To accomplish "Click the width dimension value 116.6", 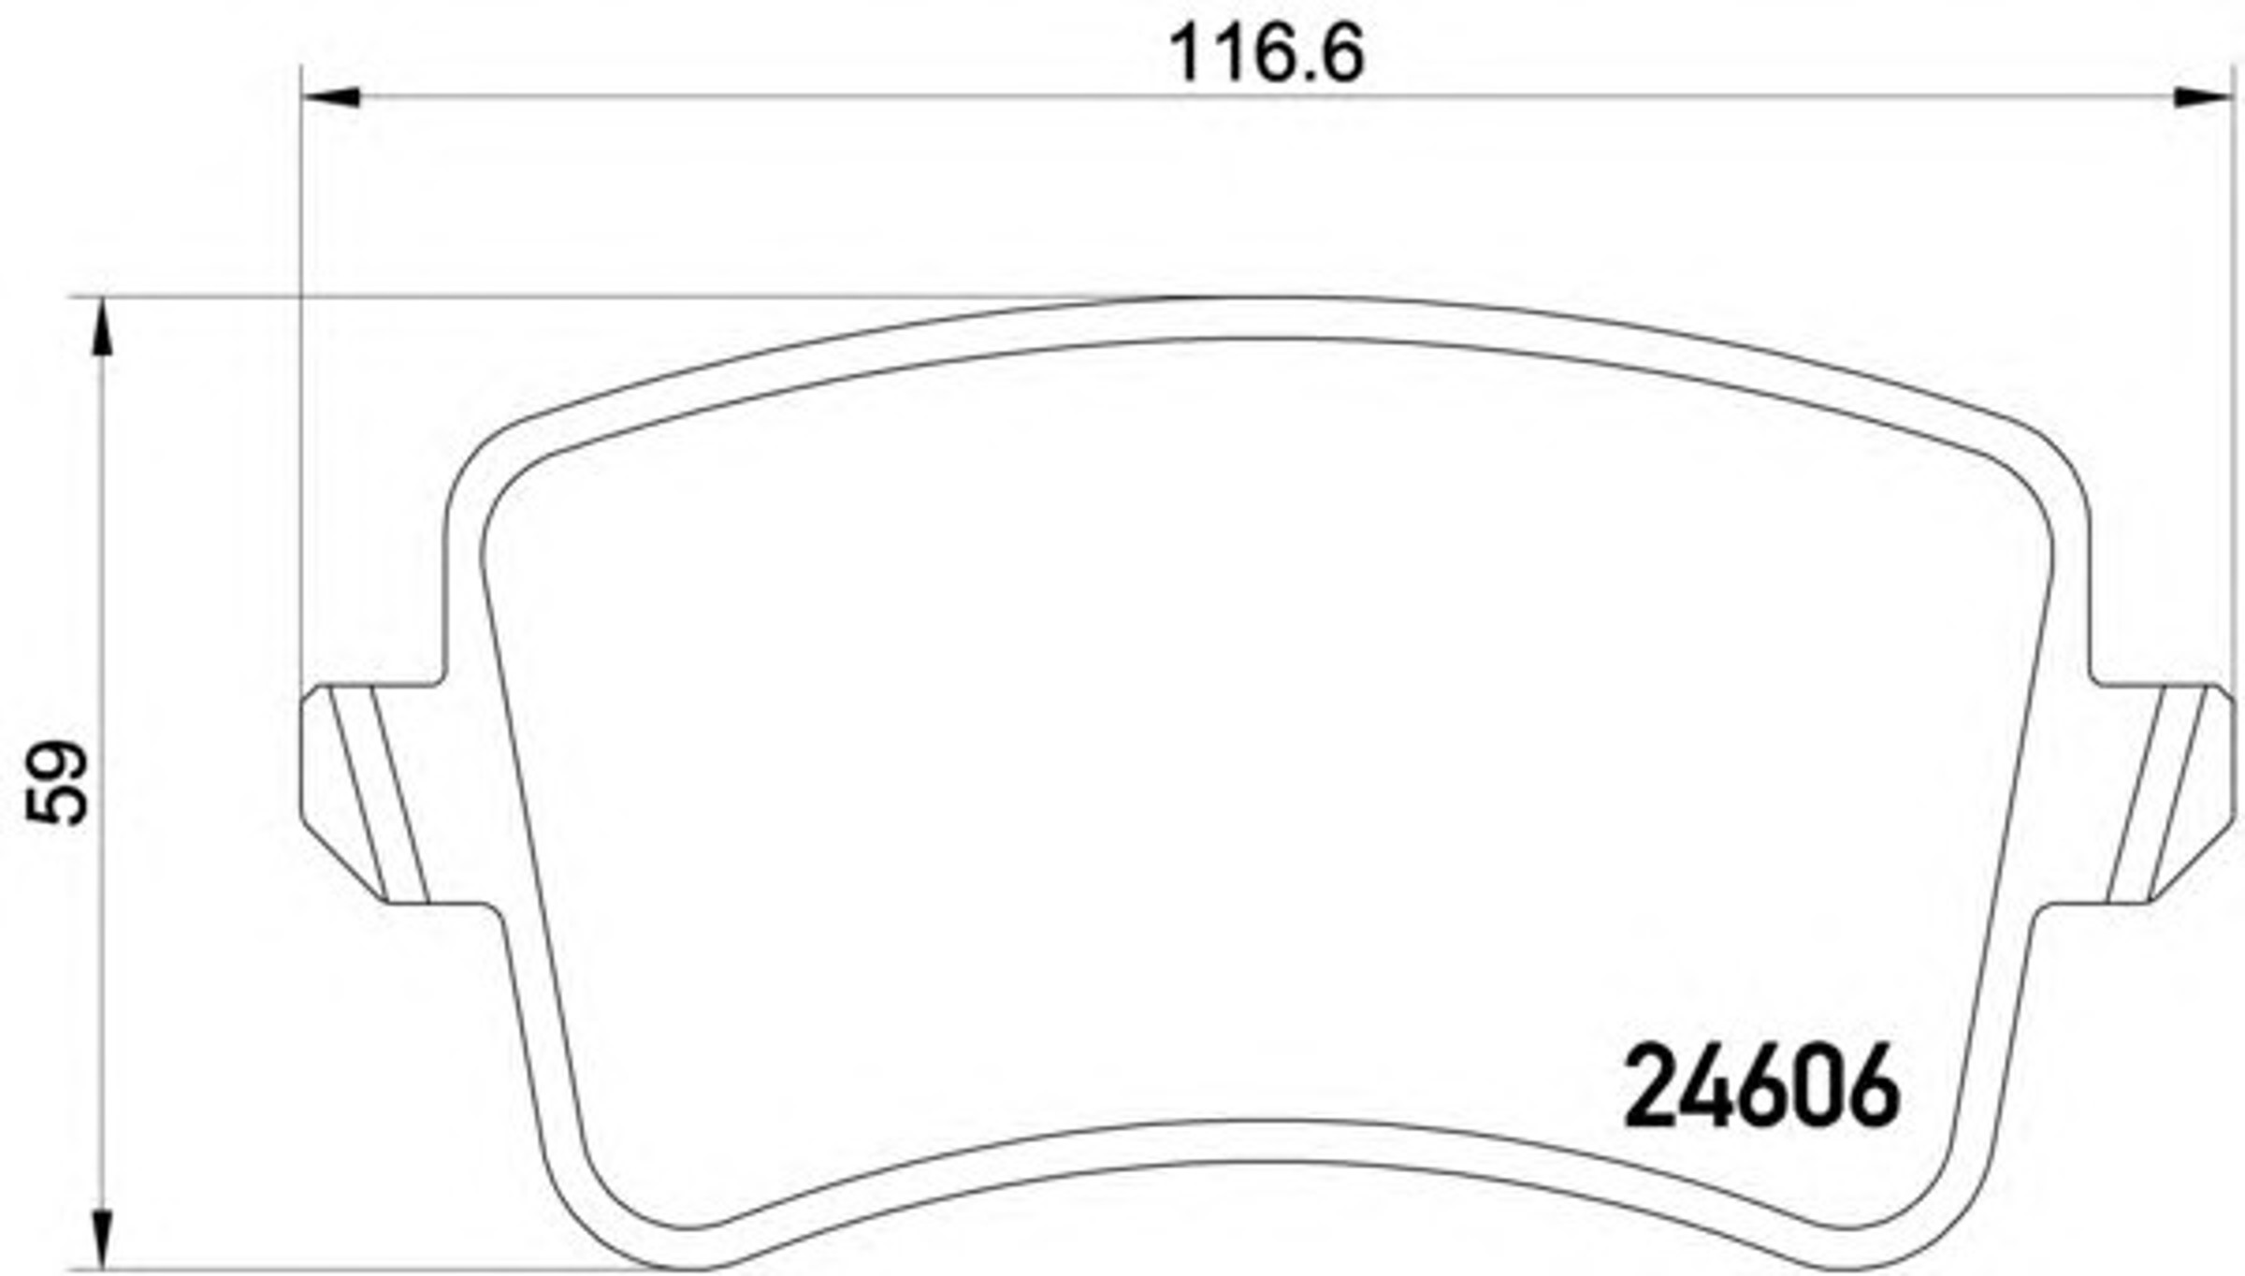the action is (1267, 53).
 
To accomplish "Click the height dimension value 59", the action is (58, 783).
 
